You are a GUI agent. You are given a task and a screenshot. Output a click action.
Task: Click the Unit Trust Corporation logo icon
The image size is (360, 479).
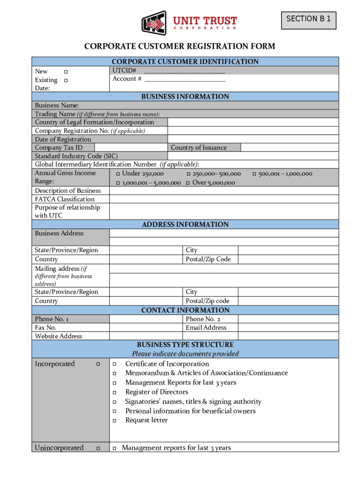tap(154, 22)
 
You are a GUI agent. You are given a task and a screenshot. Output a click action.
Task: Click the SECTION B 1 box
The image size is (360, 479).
tap(308, 19)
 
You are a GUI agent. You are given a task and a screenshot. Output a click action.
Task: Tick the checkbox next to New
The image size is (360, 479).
tap(66, 72)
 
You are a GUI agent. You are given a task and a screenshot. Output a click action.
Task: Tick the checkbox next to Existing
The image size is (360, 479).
tap(66, 80)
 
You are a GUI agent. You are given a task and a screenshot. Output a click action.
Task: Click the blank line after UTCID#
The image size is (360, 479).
tap(185, 71)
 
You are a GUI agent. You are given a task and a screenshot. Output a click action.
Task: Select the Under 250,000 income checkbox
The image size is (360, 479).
tap(118, 174)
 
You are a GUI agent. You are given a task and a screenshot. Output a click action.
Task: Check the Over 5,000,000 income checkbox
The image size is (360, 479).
tap(188, 183)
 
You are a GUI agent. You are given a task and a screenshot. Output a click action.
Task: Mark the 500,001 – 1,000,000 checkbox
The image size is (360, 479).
tap(254, 174)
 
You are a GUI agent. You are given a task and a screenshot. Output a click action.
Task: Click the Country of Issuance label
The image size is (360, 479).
tap(199, 148)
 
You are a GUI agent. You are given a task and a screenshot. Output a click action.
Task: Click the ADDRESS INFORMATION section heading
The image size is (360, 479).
tap(185, 225)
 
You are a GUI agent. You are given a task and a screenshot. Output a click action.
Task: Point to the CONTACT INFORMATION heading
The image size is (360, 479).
tap(185, 310)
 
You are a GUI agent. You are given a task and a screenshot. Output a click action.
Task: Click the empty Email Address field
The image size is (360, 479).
tap(288, 328)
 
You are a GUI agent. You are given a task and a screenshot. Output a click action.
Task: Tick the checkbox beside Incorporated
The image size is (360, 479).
tap(98, 364)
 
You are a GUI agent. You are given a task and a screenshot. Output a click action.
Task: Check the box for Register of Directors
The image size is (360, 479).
tap(114, 392)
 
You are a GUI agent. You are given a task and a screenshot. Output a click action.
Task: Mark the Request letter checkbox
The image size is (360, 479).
tap(114, 421)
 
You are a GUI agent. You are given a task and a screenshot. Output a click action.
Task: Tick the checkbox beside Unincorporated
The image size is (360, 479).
tap(98, 448)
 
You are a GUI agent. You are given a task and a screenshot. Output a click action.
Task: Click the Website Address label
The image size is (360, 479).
tap(58, 336)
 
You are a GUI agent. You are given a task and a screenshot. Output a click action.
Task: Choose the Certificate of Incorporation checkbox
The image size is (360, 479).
tap(114, 364)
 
